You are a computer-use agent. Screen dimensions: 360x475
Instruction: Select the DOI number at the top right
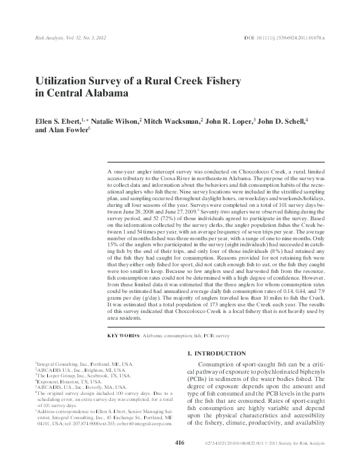[290, 38]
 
